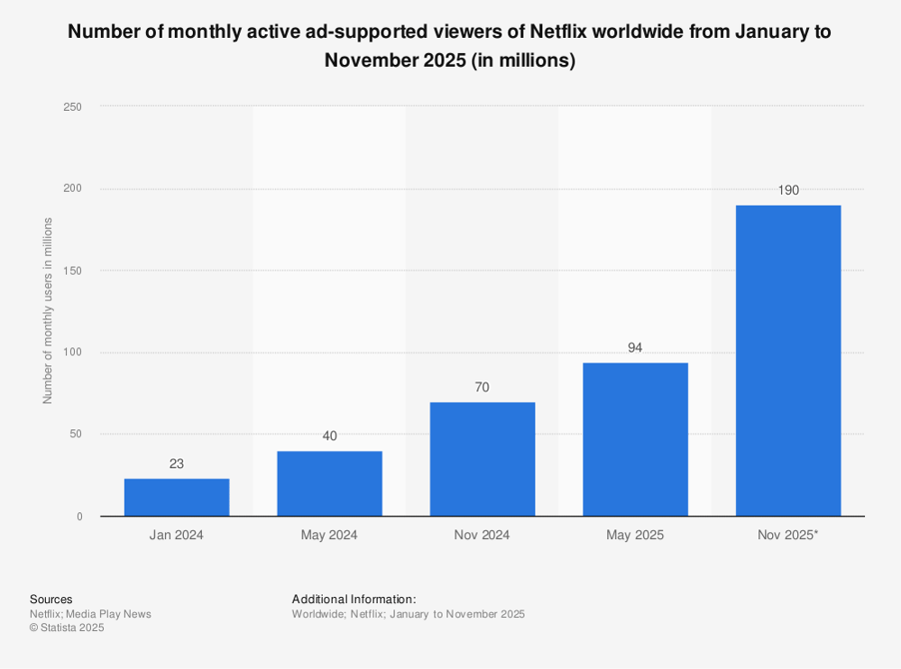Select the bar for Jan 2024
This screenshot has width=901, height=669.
click(x=177, y=497)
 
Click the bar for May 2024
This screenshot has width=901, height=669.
click(x=329, y=483)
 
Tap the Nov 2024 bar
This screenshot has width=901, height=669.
click(x=483, y=459)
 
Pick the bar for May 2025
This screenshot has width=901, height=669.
click(x=635, y=439)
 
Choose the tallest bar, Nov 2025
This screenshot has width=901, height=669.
click(x=788, y=361)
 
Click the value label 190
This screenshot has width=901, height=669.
click(x=788, y=190)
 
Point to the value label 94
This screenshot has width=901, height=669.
click(x=635, y=347)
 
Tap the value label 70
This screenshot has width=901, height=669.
click(x=483, y=387)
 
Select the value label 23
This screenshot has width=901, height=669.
click(x=177, y=463)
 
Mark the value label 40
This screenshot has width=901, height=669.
click(x=329, y=435)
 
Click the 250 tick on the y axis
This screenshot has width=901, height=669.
click(x=73, y=107)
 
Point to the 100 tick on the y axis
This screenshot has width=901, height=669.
click(x=73, y=353)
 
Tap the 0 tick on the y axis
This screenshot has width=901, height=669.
click(x=79, y=517)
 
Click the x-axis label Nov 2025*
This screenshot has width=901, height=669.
click(x=788, y=535)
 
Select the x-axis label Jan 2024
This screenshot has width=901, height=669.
click(x=177, y=535)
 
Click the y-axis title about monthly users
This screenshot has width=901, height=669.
click(x=48, y=311)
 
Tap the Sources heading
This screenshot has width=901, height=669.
click(x=51, y=600)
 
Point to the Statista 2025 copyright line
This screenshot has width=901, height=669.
click(x=67, y=628)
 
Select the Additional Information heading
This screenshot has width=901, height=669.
click(x=354, y=600)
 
